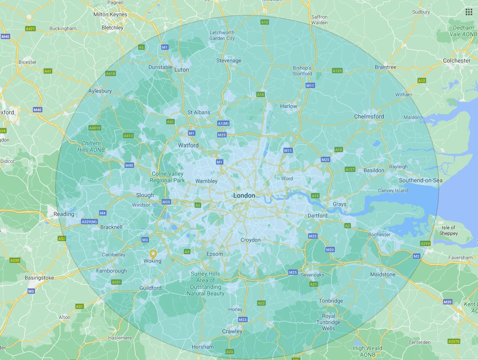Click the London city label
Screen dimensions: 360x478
pyautogui.click(x=244, y=195)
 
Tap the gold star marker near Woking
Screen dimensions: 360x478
pyautogui.click(x=153, y=253)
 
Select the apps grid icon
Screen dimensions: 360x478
pyautogui.click(x=469, y=12)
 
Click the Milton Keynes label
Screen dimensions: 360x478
pyautogui.click(x=110, y=14)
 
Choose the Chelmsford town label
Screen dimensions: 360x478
pyautogui.click(x=369, y=116)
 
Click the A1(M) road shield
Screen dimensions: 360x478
pyautogui.click(x=223, y=123)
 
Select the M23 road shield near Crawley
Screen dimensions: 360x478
pyautogui.click(x=242, y=320)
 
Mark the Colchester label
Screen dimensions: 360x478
pyautogui.click(x=457, y=60)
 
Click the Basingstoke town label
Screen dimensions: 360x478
pyautogui.click(x=39, y=278)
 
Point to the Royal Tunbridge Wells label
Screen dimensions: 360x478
pyautogui.click(x=329, y=322)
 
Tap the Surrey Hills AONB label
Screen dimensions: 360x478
pyautogui.click(x=206, y=283)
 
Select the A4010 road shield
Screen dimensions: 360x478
pyautogui.click(x=95, y=128)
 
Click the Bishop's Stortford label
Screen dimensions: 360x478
pyautogui.click(x=302, y=71)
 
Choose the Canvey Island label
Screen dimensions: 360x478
pyautogui.click(x=393, y=190)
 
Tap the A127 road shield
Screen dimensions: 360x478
pyautogui.click(x=350, y=170)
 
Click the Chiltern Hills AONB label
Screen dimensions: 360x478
pyautogui.click(x=91, y=147)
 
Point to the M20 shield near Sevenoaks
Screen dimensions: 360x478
pyautogui.click(x=330, y=250)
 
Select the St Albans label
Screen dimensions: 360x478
pyautogui.click(x=199, y=112)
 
